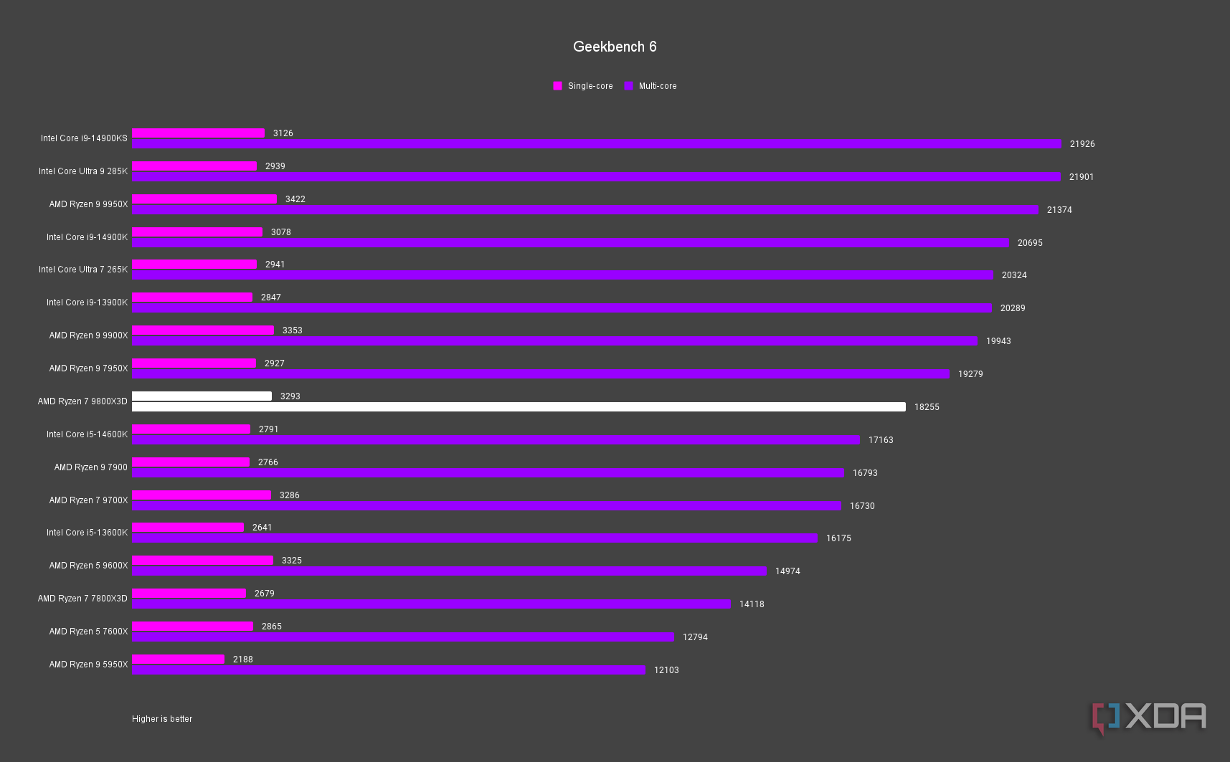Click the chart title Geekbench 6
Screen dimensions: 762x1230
pyautogui.click(x=615, y=47)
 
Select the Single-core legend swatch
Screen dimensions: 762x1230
pyautogui.click(x=557, y=86)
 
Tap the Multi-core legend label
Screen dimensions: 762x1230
pyautogui.click(x=657, y=86)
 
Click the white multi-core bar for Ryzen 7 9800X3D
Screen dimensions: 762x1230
pyautogui.click(x=519, y=407)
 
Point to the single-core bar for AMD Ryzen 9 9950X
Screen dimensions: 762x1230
pyautogui.click(x=204, y=199)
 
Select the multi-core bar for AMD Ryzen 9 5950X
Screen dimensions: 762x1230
pyautogui.click(x=388, y=670)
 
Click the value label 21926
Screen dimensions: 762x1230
pyautogui.click(x=1082, y=144)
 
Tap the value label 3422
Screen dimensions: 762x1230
pyautogui.click(x=295, y=199)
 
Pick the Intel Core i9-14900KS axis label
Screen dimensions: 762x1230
pyautogui.click(x=84, y=138)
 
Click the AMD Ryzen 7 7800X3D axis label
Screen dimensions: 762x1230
pyautogui.click(x=82, y=599)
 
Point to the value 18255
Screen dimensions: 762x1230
pyautogui.click(x=926, y=407)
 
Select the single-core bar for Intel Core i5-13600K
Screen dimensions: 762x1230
pyautogui.click(x=188, y=528)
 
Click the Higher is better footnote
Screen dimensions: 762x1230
pyautogui.click(x=162, y=719)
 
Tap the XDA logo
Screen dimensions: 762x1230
pyautogui.click(x=1150, y=718)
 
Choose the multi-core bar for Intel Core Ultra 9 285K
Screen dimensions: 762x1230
pyautogui.click(x=596, y=177)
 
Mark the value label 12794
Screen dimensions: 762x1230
pyautogui.click(x=694, y=637)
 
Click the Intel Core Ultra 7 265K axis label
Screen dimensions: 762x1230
pyautogui.click(x=83, y=270)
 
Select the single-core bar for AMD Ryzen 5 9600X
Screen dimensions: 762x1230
pyautogui.click(x=202, y=561)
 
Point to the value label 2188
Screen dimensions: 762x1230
pyautogui.click(x=242, y=659)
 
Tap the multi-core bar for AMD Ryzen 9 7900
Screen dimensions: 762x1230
pyautogui.click(x=488, y=473)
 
